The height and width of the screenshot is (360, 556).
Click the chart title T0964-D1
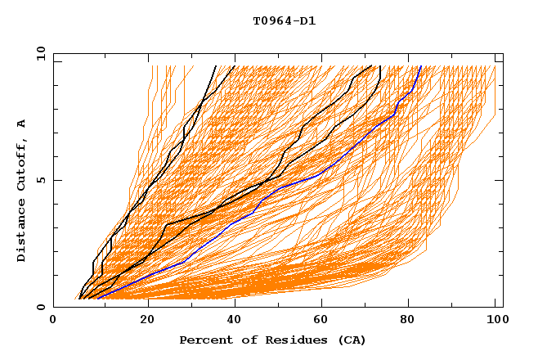pyautogui.click(x=284, y=21)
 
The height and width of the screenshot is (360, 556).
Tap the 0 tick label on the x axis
pyautogui.click(x=53, y=322)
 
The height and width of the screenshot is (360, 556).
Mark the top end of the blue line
pyautogui.click(x=420, y=66)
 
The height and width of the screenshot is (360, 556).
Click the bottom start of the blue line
pyautogui.click(x=97, y=299)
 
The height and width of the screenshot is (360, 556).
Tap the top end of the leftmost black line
pyautogui.click(x=216, y=66)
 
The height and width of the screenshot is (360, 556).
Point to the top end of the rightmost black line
pyautogui.click(x=380, y=66)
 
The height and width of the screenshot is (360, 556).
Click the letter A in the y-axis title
pyautogui.click(x=22, y=124)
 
